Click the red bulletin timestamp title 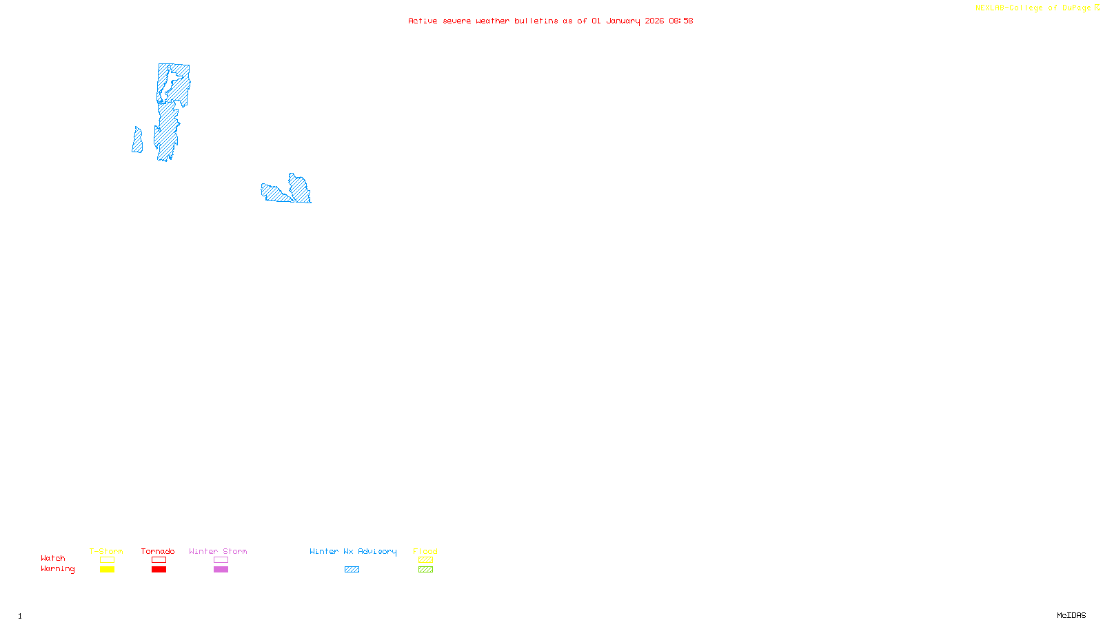(550, 21)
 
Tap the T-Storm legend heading (106, 551)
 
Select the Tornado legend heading (158, 551)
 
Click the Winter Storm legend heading (218, 551)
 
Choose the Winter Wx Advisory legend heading (353, 551)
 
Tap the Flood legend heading (425, 551)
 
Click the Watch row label (53, 559)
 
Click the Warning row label (57, 569)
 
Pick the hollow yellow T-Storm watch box (107, 560)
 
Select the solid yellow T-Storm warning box (107, 570)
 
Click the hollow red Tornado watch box (159, 560)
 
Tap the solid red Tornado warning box (159, 570)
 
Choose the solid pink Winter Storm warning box (221, 570)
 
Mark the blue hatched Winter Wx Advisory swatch (352, 570)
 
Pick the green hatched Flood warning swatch (425, 570)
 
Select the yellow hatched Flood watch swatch (425, 560)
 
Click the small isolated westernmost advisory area (138, 141)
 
